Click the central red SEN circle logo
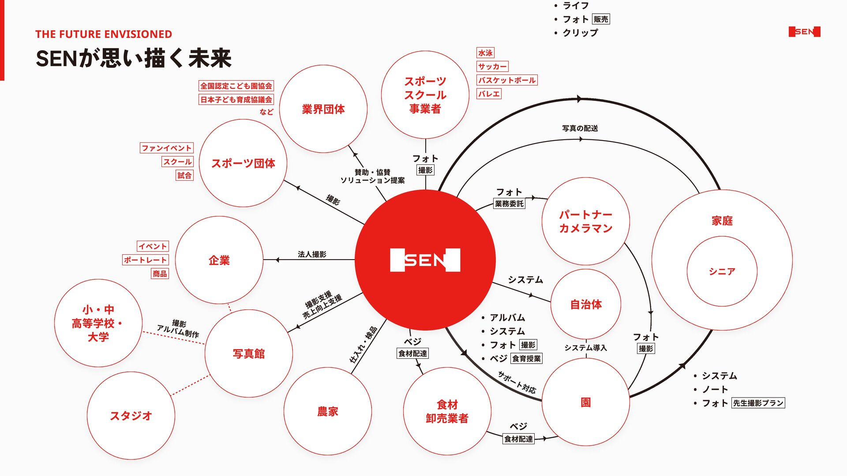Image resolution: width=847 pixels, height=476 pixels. tap(425, 260)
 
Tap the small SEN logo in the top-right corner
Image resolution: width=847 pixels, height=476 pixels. tap(804, 32)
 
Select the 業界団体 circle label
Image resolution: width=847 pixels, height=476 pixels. tap(323, 109)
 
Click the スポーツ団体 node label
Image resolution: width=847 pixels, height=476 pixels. tap(243, 164)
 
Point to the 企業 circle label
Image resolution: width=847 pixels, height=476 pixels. tap(219, 260)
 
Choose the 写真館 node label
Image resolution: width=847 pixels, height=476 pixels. tap(249, 354)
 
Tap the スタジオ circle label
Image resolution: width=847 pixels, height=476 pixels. tap(131, 416)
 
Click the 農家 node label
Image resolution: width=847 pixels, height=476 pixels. tap(328, 412)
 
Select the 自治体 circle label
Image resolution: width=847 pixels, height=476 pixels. tap(586, 305)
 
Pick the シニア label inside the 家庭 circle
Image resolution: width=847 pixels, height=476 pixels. tap(722, 271)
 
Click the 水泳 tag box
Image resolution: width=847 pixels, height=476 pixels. tap(485, 53)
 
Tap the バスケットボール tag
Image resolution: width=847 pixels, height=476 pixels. tap(507, 80)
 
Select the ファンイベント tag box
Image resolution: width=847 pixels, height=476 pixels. tap(167, 148)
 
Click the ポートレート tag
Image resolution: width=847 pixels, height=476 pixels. tap(145, 260)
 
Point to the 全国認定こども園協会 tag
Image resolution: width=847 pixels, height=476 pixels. tap(236, 86)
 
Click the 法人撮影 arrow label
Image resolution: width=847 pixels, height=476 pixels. tap(312, 254)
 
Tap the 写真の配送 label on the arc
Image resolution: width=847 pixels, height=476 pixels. tap(580, 128)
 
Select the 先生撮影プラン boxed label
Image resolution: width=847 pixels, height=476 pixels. tap(758, 403)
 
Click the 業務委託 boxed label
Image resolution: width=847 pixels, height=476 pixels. tap(509, 204)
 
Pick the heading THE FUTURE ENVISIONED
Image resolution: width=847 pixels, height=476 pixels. tap(104, 34)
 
